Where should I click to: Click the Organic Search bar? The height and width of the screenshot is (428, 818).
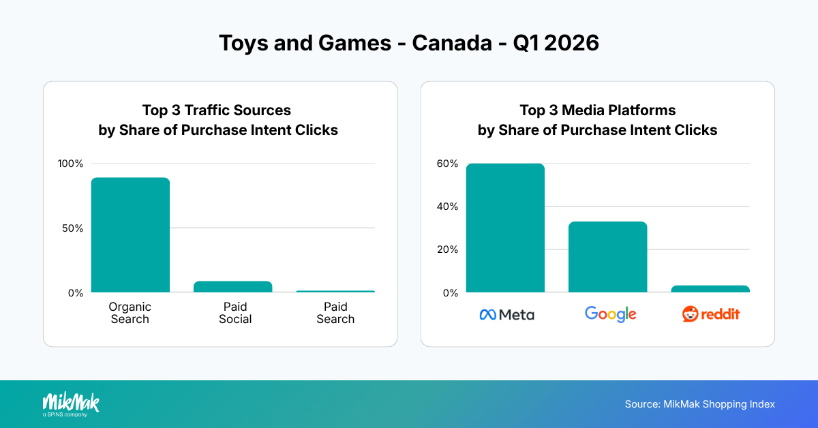pyautogui.click(x=130, y=235)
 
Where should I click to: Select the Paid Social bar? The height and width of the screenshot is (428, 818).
pyautogui.click(x=232, y=287)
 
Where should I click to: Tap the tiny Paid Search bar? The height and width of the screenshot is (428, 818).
pyautogui.click(x=335, y=291)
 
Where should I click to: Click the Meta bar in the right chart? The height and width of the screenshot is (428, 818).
pyautogui.click(x=505, y=228)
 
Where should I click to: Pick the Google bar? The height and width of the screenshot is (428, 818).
pyautogui.click(x=607, y=257)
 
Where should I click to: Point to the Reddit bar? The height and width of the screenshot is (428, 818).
pyautogui.click(x=710, y=289)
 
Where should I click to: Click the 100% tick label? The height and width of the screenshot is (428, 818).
pyautogui.click(x=70, y=164)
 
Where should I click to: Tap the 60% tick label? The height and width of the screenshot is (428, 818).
pyautogui.click(x=448, y=164)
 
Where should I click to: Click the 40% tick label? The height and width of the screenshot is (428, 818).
pyautogui.click(x=448, y=207)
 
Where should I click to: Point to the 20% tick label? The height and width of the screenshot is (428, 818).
pyautogui.click(x=448, y=249)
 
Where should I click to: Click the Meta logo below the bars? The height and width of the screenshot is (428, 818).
pyautogui.click(x=506, y=314)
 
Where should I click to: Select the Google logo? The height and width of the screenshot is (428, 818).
pyautogui.click(x=610, y=314)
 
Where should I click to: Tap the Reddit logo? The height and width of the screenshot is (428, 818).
pyautogui.click(x=711, y=314)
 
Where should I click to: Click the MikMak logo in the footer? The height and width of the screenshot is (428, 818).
pyautogui.click(x=70, y=403)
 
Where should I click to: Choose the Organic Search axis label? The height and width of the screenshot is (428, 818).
pyautogui.click(x=130, y=313)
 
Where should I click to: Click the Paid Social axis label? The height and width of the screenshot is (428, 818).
pyautogui.click(x=235, y=313)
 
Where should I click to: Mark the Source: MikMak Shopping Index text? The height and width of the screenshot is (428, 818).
pyautogui.click(x=699, y=404)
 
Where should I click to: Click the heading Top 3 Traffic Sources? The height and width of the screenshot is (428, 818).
pyautogui.click(x=217, y=110)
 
